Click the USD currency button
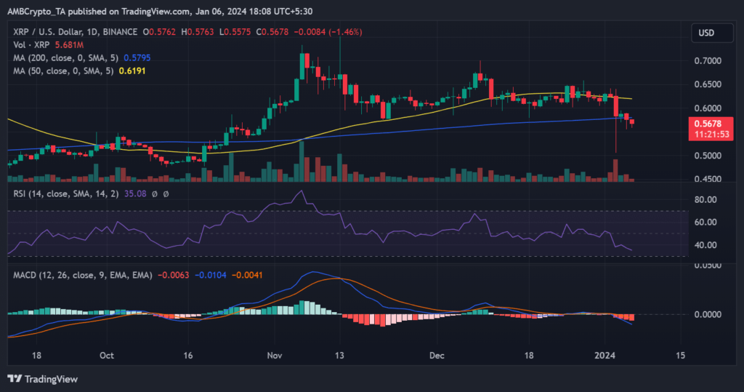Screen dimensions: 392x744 706,32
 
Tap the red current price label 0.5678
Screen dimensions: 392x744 707,123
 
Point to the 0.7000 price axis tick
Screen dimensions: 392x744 707,60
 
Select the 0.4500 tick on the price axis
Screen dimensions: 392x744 707,179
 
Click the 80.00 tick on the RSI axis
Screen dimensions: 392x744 705,199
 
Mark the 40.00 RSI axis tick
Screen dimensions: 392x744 705,245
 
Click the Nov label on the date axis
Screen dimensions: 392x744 274,356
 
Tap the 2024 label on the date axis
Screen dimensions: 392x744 605,356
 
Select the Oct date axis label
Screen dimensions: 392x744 106,356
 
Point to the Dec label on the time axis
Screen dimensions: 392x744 437,356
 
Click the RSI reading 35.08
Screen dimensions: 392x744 111,193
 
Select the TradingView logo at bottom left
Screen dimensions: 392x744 42,379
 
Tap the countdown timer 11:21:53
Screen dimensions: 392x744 707,134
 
